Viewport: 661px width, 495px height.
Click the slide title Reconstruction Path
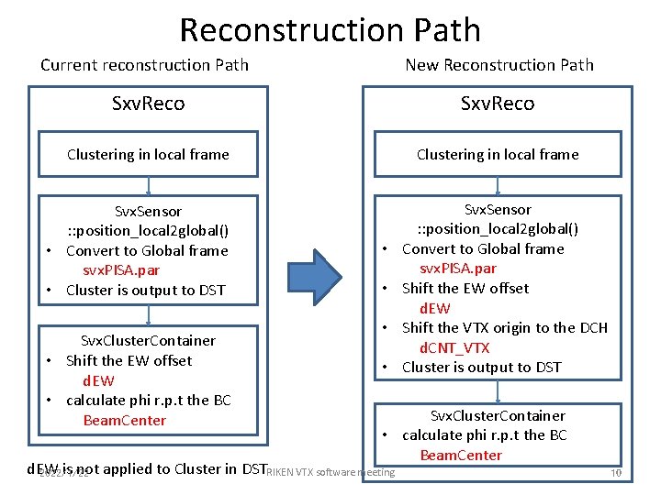pyautogui.click(x=330, y=30)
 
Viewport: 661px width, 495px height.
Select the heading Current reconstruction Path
pyautogui.click(x=144, y=65)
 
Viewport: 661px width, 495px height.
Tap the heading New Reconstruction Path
pyautogui.click(x=499, y=65)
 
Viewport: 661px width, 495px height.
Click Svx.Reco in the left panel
pyautogui.click(x=148, y=104)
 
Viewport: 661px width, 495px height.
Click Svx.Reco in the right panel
pyautogui.click(x=498, y=104)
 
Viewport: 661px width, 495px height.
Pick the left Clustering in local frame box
pyautogui.click(x=148, y=154)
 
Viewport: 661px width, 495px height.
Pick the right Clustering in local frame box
pyautogui.click(x=498, y=154)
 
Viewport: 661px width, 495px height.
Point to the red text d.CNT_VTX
pyautogui.click(x=454, y=347)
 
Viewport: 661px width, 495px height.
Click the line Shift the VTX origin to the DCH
pyautogui.click(x=504, y=328)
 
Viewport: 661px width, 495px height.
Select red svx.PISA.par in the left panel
pyautogui.click(x=120, y=270)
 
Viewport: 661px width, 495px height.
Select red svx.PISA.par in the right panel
pyautogui.click(x=458, y=269)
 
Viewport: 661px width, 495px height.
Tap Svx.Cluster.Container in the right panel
pyautogui.click(x=498, y=416)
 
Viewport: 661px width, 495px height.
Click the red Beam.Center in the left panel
pyautogui.click(x=124, y=421)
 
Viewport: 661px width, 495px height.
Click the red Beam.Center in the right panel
pyautogui.click(x=461, y=456)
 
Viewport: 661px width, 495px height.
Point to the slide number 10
pyautogui.click(x=616, y=473)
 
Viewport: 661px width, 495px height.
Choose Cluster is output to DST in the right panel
pyautogui.click(x=481, y=368)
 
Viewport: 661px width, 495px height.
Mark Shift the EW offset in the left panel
pyautogui.click(x=129, y=361)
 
